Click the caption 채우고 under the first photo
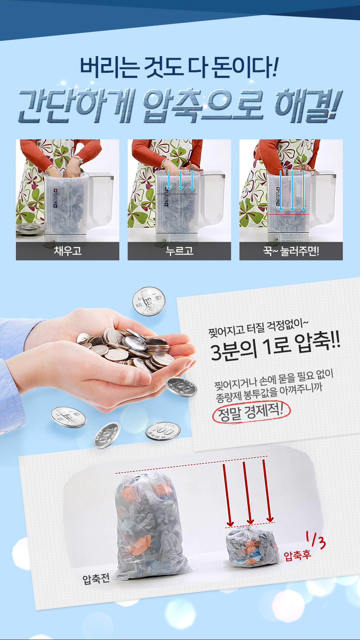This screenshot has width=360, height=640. point(68,251)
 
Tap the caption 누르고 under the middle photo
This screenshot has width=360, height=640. point(180,251)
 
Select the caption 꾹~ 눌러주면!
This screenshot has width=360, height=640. point(291,251)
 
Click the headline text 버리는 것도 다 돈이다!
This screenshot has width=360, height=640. point(179,68)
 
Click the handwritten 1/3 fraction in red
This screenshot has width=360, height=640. point(316,540)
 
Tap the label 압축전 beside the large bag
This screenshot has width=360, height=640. point(96,578)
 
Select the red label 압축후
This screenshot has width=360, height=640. point(297,555)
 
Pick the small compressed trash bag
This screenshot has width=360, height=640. point(252,547)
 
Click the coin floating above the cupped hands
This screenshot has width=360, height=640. point(149,301)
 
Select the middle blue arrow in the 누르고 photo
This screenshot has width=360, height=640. point(180,180)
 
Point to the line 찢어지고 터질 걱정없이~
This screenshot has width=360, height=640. point(258,328)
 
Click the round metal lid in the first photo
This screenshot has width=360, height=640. point(30,229)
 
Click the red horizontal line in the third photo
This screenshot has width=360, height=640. point(288,214)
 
